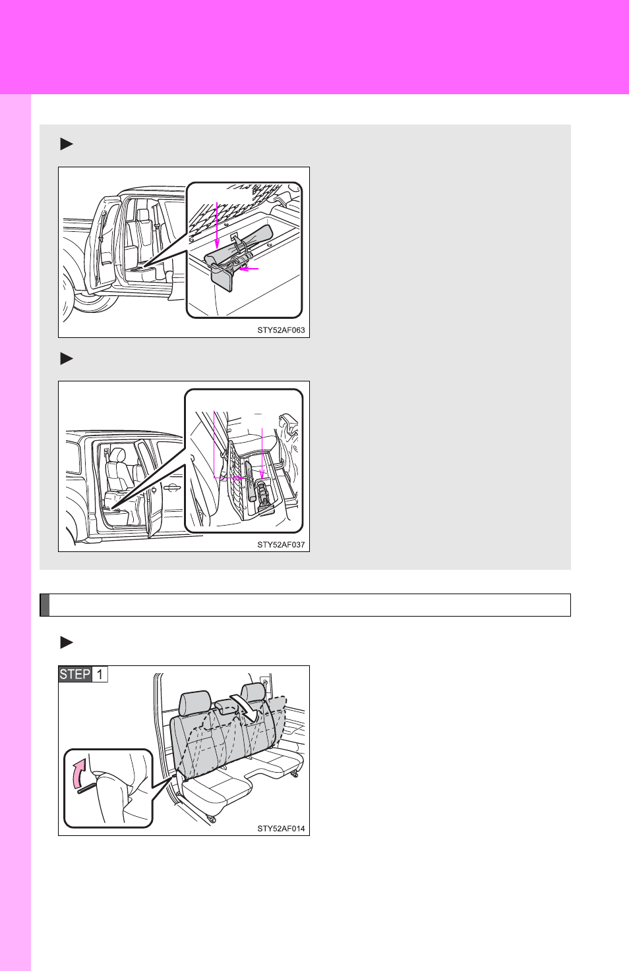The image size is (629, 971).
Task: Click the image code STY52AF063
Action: tap(281, 330)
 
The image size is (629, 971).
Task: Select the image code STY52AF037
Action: tap(281, 544)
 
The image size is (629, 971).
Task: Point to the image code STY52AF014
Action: tap(281, 829)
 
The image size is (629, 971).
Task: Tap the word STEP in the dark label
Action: tap(75, 675)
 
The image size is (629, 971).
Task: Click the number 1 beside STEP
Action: tap(100, 675)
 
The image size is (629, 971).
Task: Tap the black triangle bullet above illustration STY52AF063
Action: tap(67, 144)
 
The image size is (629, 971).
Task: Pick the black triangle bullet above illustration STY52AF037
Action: tap(67, 358)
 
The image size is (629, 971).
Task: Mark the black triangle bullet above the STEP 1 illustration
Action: tap(67, 642)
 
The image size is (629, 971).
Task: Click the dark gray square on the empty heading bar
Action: tap(45, 605)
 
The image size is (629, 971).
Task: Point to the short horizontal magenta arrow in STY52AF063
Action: tap(249, 269)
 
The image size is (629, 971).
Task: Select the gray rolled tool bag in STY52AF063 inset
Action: tap(239, 245)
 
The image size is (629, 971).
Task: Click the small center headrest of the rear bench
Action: tap(225, 706)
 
